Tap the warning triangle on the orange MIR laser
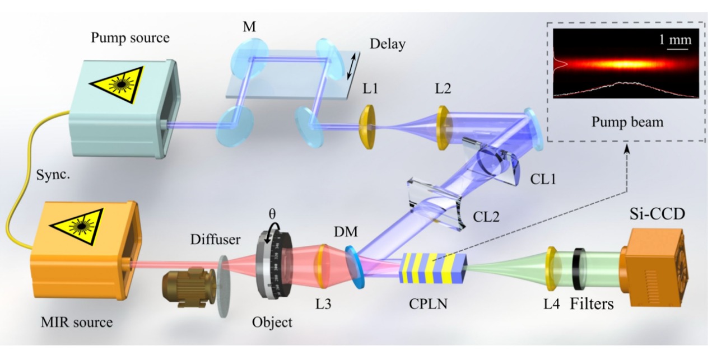[x=74, y=219]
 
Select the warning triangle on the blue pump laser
[x=119, y=83]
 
